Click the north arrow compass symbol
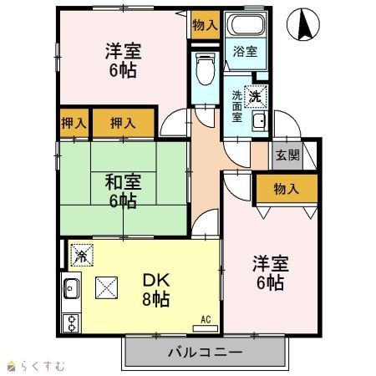pyautogui.click(x=303, y=24)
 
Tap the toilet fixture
pyautogui.click(x=206, y=69)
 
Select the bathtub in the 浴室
pyautogui.click(x=246, y=24)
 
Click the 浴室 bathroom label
pyautogui.click(x=245, y=52)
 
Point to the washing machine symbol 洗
pyautogui.click(x=256, y=96)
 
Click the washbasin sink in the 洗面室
pyautogui.click(x=260, y=121)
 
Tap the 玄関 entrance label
pyautogui.click(x=287, y=155)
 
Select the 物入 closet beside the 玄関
pyautogui.click(x=287, y=189)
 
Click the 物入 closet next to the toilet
pyautogui.click(x=206, y=25)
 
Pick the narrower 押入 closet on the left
pyautogui.click(x=74, y=123)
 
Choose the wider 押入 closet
pyautogui.click(x=123, y=123)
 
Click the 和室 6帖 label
pyautogui.click(x=123, y=191)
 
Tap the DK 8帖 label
pyautogui.click(x=156, y=290)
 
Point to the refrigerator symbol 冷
pyautogui.click(x=82, y=255)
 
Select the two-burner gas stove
pyautogui.click(x=71, y=323)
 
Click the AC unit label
pyautogui.click(x=206, y=319)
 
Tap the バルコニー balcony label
pyautogui.click(x=206, y=353)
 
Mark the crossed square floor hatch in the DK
pyautogui.click(x=106, y=287)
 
